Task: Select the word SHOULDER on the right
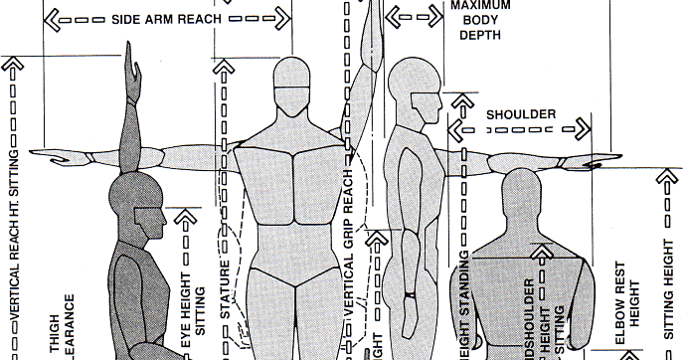pos(520,115)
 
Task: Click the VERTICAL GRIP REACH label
pos(350,249)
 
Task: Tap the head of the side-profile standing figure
pos(411,89)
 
